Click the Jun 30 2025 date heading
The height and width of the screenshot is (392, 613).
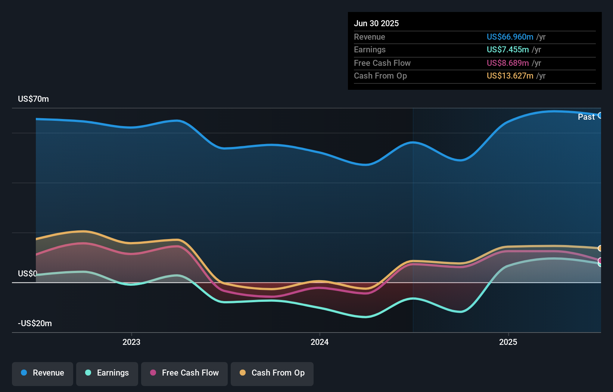click(x=376, y=23)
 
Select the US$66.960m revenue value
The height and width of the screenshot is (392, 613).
click(x=510, y=37)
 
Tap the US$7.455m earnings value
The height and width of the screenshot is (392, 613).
click(x=507, y=49)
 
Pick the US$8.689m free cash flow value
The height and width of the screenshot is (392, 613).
click(x=507, y=63)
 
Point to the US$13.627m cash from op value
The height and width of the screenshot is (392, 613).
click(x=510, y=76)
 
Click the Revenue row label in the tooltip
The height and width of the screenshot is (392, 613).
click(x=369, y=37)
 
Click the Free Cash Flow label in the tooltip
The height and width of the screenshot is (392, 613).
click(x=382, y=63)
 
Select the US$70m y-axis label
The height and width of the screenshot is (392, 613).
click(x=33, y=99)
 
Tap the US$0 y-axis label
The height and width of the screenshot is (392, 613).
click(x=27, y=273)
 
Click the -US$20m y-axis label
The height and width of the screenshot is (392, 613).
click(x=35, y=323)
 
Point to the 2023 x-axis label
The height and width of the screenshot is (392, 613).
click(x=131, y=342)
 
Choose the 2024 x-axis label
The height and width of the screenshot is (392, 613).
click(x=320, y=342)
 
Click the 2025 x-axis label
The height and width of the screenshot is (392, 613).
click(x=508, y=342)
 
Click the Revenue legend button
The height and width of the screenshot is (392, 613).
click(x=43, y=373)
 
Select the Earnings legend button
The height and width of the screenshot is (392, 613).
click(x=107, y=373)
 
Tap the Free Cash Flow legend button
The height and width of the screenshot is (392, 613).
click(x=184, y=373)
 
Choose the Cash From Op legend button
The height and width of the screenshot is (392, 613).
click(x=272, y=373)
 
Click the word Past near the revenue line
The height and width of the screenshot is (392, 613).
click(x=586, y=117)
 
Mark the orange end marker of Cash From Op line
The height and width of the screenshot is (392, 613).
click(x=600, y=248)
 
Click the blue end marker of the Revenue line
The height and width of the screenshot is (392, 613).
click(x=600, y=115)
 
